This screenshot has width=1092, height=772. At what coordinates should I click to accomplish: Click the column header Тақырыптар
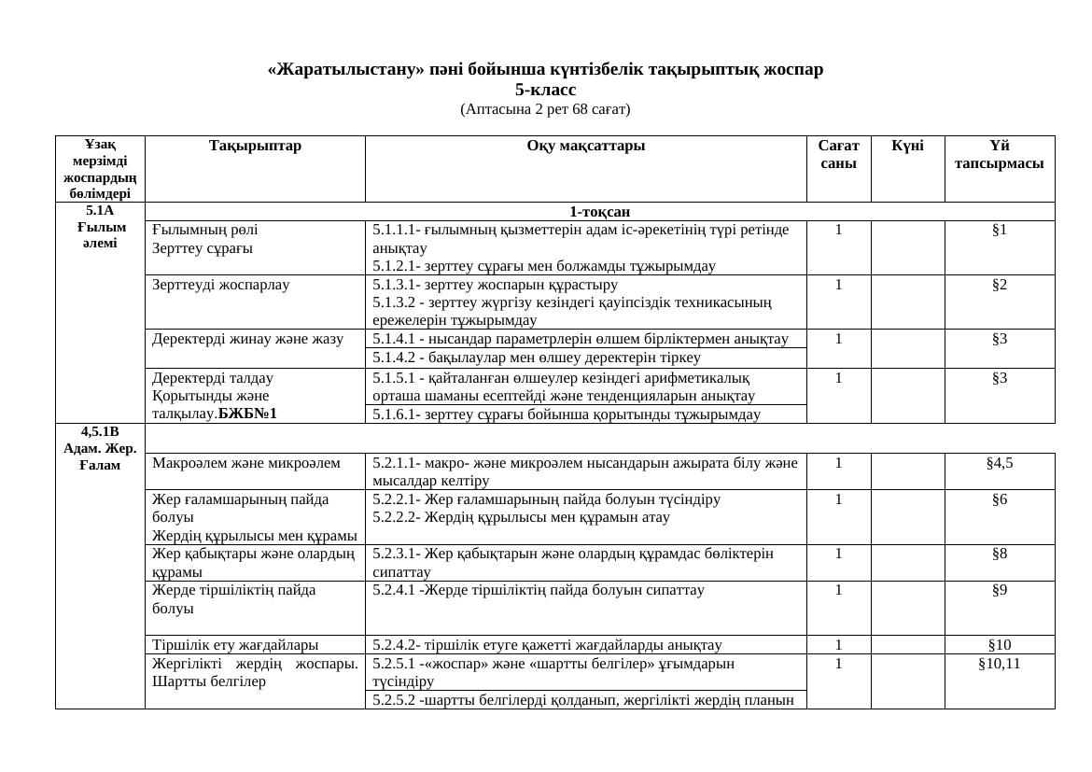(255, 147)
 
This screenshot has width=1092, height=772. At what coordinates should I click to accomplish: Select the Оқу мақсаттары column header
(585, 147)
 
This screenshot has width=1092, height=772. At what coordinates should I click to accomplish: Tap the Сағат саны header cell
(838, 154)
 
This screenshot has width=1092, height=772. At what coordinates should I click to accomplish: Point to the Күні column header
(907, 147)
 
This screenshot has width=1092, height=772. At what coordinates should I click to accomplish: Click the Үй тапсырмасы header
(999, 154)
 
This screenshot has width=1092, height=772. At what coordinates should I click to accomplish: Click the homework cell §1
(999, 230)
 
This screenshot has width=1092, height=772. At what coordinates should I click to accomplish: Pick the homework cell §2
(999, 285)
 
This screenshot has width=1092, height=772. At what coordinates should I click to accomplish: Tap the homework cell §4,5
(999, 462)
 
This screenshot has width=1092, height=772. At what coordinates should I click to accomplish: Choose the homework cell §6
(999, 499)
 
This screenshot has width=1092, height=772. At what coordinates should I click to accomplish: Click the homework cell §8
(999, 554)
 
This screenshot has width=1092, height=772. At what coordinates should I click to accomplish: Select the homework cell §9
(999, 591)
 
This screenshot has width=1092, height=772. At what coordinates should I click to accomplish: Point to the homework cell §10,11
(999, 664)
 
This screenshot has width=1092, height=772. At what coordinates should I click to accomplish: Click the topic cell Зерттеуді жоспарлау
(221, 285)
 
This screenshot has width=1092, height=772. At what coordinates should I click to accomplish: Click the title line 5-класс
(545, 91)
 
